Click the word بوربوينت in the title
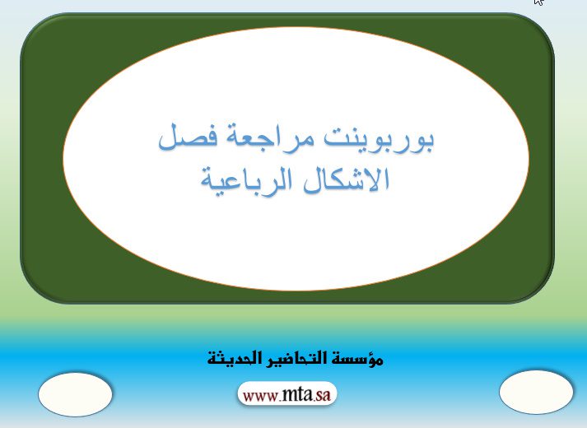(x=379, y=138)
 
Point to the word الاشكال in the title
(x=346, y=180)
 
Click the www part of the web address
(x=260, y=396)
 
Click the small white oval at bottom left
(x=75, y=394)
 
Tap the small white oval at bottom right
(x=536, y=392)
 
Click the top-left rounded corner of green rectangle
(x=30, y=23)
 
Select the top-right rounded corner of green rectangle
(x=543, y=23)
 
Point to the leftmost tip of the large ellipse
(x=63, y=159)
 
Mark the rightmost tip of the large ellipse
(x=529, y=159)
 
